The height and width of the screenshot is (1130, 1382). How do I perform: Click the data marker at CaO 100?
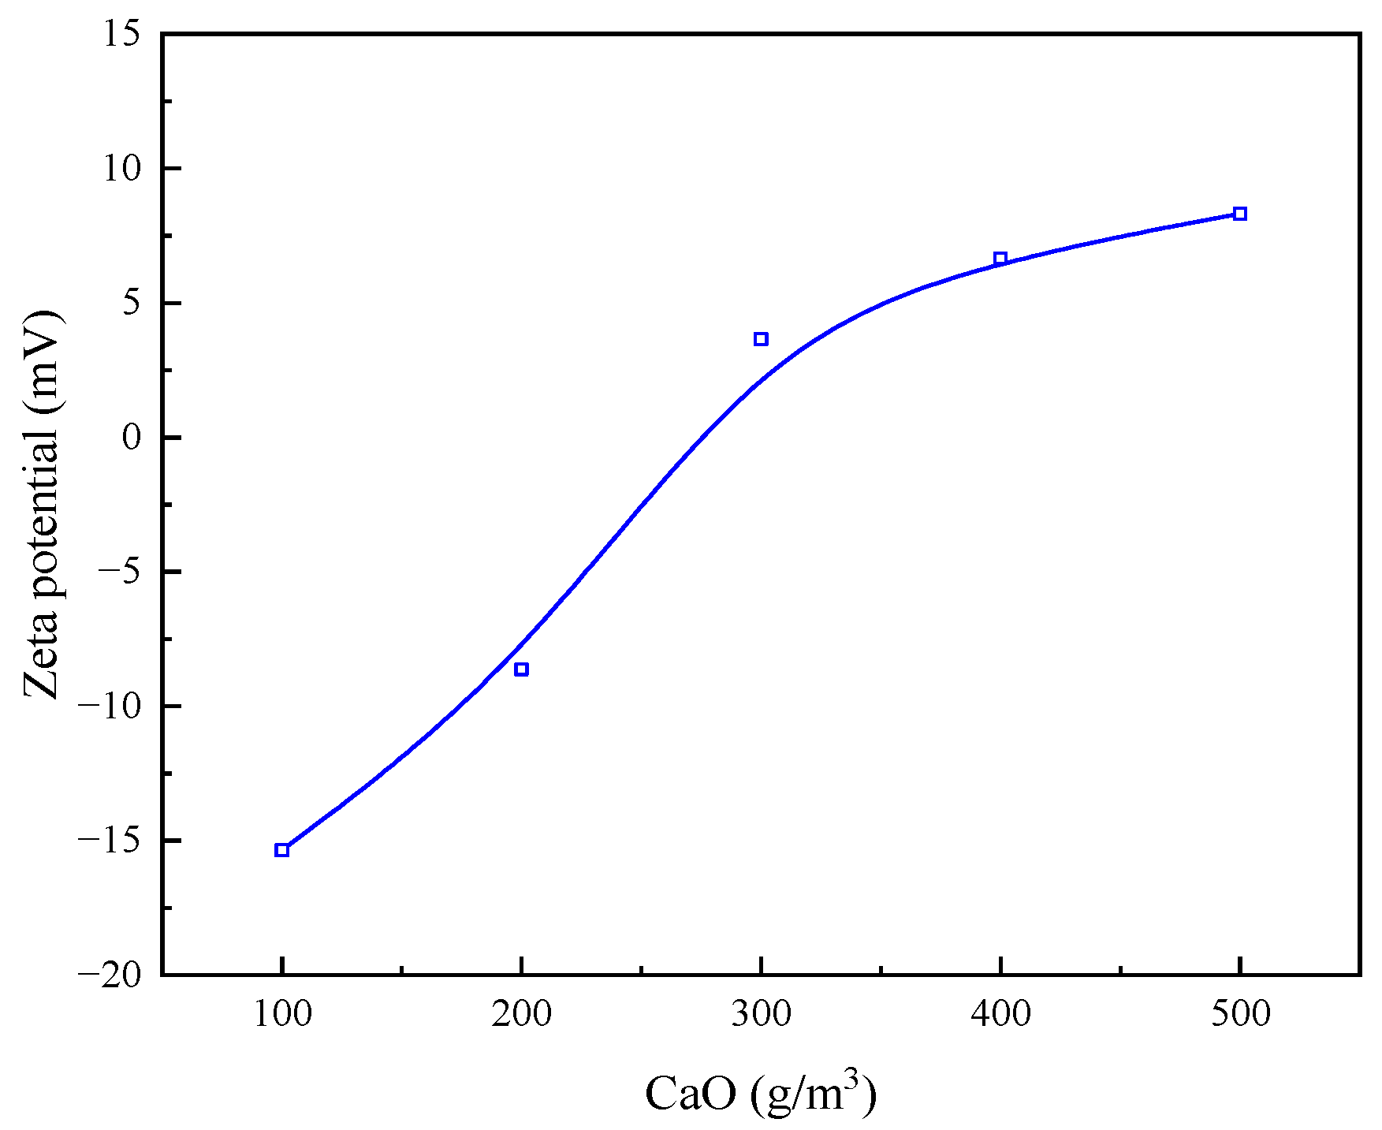pyautogui.click(x=281, y=850)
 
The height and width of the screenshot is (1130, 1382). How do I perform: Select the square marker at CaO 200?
pyautogui.click(x=521, y=669)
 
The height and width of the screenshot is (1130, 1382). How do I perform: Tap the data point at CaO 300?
pyautogui.click(x=761, y=339)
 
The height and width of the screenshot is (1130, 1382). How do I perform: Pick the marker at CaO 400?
pyautogui.click(x=1000, y=259)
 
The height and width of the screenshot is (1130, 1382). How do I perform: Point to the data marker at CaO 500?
pyautogui.click(x=1240, y=214)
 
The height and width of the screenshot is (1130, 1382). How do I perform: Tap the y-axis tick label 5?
pyautogui.click(x=131, y=303)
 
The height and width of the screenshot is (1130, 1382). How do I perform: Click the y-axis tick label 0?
pyautogui.click(x=131, y=438)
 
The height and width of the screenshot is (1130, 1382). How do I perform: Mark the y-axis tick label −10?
pyautogui.click(x=109, y=707)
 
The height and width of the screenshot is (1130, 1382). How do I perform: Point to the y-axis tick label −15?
pyautogui.click(x=109, y=841)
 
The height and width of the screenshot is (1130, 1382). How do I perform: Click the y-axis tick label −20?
pyautogui.click(x=109, y=975)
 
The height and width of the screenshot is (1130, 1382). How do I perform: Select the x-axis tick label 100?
pyautogui.click(x=281, y=1014)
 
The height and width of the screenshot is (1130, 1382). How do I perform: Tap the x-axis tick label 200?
pyautogui.click(x=521, y=1014)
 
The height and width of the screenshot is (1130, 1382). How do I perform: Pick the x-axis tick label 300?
pyautogui.click(x=761, y=1014)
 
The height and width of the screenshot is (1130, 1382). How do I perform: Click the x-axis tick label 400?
pyautogui.click(x=1000, y=1014)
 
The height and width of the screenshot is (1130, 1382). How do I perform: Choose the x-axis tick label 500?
pyautogui.click(x=1240, y=1014)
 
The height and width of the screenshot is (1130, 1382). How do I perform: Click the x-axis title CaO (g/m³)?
pyautogui.click(x=761, y=1093)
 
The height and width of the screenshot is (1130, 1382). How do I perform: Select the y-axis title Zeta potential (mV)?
pyautogui.click(x=41, y=505)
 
